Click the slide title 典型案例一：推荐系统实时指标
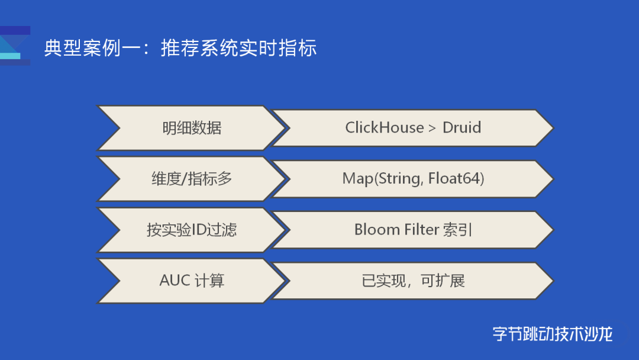point(180,48)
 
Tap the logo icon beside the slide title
point(15,46)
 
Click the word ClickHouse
point(385,128)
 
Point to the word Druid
point(461,128)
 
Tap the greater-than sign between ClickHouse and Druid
point(433,128)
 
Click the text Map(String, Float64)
point(413,179)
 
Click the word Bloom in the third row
point(377,230)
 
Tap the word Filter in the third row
point(421,230)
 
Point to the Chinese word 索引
point(457,230)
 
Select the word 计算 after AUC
point(209,281)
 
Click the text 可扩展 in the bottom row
point(443,281)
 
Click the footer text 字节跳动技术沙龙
point(553,334)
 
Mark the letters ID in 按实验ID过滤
point(198,230)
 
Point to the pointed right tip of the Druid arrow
point(553,128)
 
